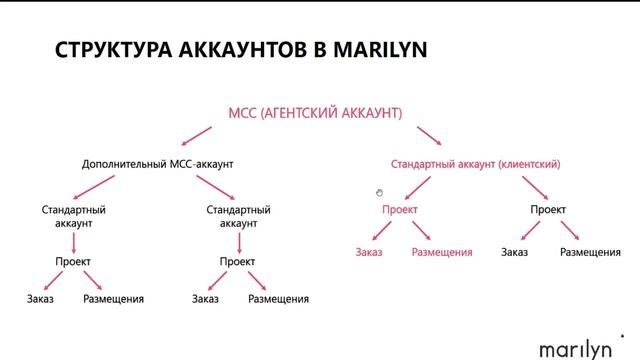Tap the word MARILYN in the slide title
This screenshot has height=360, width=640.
click(385, 49)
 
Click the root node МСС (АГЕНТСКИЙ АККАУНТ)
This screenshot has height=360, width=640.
click(317, 114)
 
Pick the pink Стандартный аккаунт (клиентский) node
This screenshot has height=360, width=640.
click(475, 163)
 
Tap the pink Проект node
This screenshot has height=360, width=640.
click(399, 209)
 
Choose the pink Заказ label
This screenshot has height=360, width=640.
click(369, 252)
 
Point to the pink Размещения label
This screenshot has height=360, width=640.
click(441, 252)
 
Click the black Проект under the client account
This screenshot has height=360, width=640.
click(548, 209)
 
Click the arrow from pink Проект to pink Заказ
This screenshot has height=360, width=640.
click(381, 232)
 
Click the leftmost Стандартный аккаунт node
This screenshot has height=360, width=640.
click(73, 217)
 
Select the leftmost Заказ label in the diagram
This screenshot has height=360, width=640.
click(41, 298)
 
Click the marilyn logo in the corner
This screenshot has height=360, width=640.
click(579, 348)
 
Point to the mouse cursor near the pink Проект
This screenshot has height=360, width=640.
click(380, 193)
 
